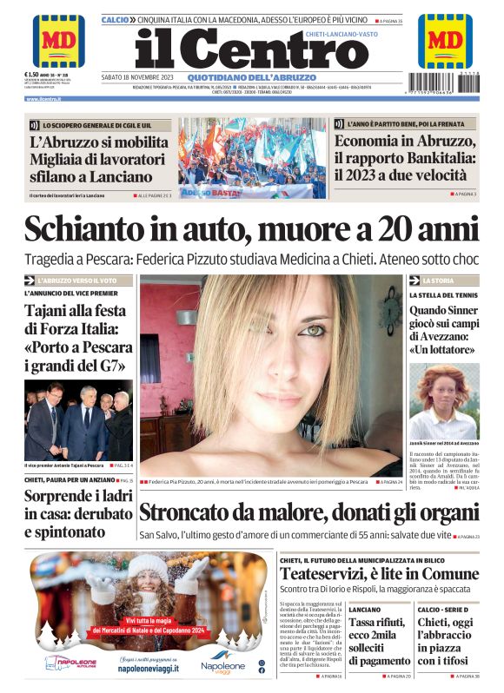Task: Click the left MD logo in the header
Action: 58,41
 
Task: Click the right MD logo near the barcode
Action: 445,41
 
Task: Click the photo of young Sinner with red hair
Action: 443,400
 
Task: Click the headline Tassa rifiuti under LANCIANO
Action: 378,623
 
